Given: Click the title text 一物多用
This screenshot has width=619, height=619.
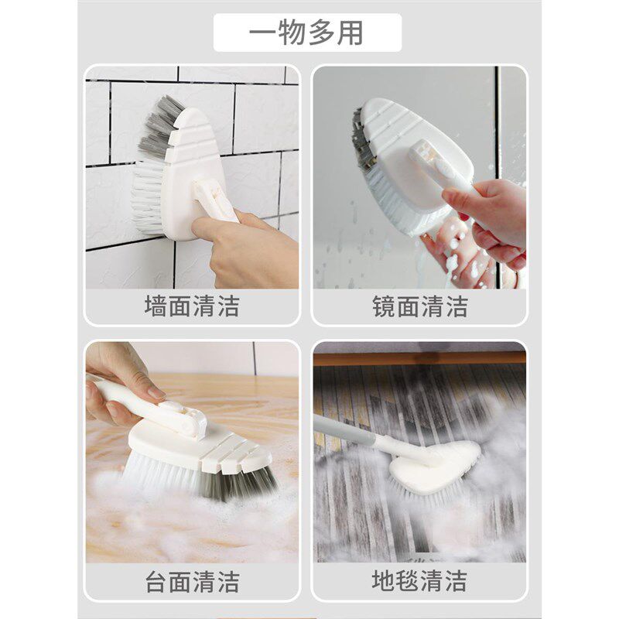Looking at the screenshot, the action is [x=306, y=32].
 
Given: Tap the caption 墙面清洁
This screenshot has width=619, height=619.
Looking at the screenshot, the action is [x=192, y=306].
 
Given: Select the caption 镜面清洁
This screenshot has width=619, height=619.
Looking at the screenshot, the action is [x=419, y=306].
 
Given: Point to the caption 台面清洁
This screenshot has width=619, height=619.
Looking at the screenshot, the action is [x=192, y=582].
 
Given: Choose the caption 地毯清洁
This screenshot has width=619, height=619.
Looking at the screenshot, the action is [x=419, y=580].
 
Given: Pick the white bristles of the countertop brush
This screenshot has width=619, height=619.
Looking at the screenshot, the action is [x=162, y=472].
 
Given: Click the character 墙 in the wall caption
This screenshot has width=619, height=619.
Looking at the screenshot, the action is [x=156, y=306].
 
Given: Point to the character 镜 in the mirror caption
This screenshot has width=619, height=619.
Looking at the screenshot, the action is [x=383, y=306].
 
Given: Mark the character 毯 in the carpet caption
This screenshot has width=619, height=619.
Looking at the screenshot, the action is [x=407, y=580].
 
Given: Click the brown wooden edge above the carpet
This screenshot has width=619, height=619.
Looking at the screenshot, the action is [x=419, y=358].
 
